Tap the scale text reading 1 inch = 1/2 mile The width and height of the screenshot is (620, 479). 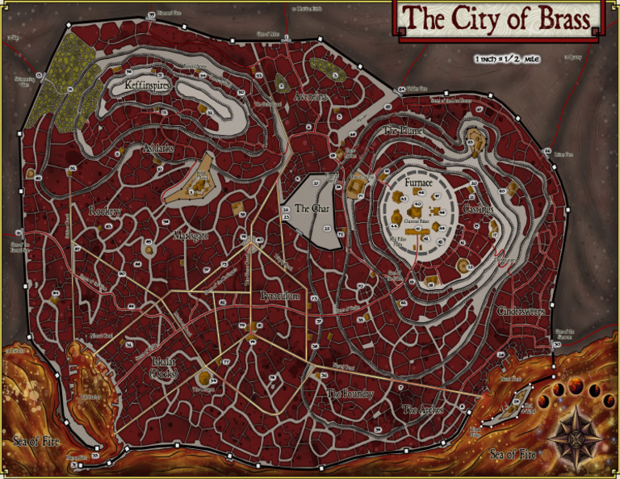508,58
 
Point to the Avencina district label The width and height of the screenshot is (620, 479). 310,97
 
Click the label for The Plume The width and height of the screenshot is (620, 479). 404,129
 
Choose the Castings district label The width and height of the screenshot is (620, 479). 480,208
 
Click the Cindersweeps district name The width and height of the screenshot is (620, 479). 521,311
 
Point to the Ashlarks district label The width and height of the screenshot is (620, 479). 158,149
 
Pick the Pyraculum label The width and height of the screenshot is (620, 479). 280,296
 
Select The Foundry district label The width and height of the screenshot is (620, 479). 350,393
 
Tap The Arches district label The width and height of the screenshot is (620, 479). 421,410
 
